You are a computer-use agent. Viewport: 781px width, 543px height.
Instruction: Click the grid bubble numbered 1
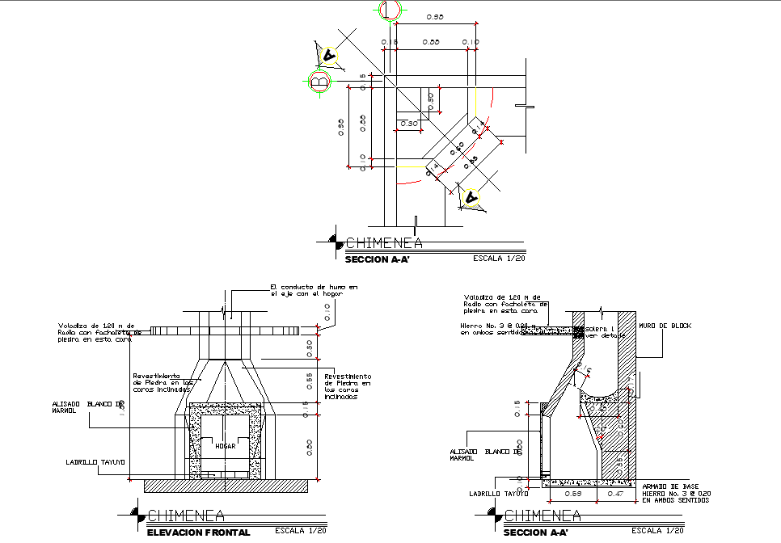[x=390, y=10]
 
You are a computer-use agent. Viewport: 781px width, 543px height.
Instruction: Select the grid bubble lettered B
[x=319, y=82]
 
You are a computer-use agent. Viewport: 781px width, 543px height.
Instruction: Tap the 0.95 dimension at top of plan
[x=434, y=17]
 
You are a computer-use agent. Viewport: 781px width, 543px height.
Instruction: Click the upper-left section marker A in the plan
[x=328, y=55]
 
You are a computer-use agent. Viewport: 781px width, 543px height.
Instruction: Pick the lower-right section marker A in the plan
[x=470, y=198]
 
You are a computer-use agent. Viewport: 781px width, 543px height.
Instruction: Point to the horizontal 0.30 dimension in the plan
[x=409, y=124]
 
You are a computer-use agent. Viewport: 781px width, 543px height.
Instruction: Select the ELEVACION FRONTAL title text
[x=198, y=532]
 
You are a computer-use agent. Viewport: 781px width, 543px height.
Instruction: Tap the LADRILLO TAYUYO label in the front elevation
[x=95, y=462]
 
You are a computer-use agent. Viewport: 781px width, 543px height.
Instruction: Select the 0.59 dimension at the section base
[x=572, y=492]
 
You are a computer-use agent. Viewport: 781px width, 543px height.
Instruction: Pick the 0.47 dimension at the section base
[x=615, y=492]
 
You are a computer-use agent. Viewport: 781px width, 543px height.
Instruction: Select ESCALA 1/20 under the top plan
[x=498, y=259]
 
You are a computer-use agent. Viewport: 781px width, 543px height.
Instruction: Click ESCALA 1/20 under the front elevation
[x=301, y=531]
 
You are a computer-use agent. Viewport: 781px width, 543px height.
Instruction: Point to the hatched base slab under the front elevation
[x=226, y=485]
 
